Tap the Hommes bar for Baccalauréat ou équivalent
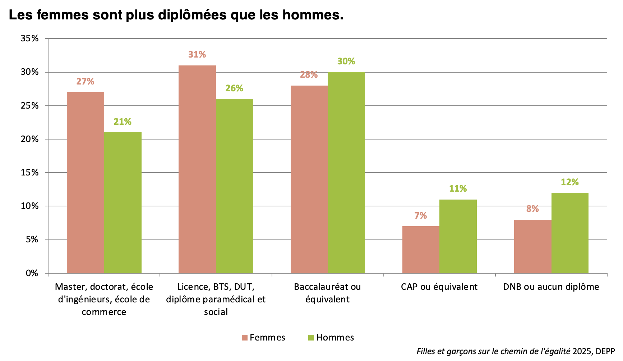346,173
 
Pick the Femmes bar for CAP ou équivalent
421,250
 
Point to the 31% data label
197,55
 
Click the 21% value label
123,122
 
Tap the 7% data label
421,216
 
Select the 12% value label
570,182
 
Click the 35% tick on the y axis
29,38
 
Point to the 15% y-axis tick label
29,173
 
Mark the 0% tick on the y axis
32,273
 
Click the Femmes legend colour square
245,338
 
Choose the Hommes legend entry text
335,338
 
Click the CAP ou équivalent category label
439,287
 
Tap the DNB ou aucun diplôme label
551,287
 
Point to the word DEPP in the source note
605,351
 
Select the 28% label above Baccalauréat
309,75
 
